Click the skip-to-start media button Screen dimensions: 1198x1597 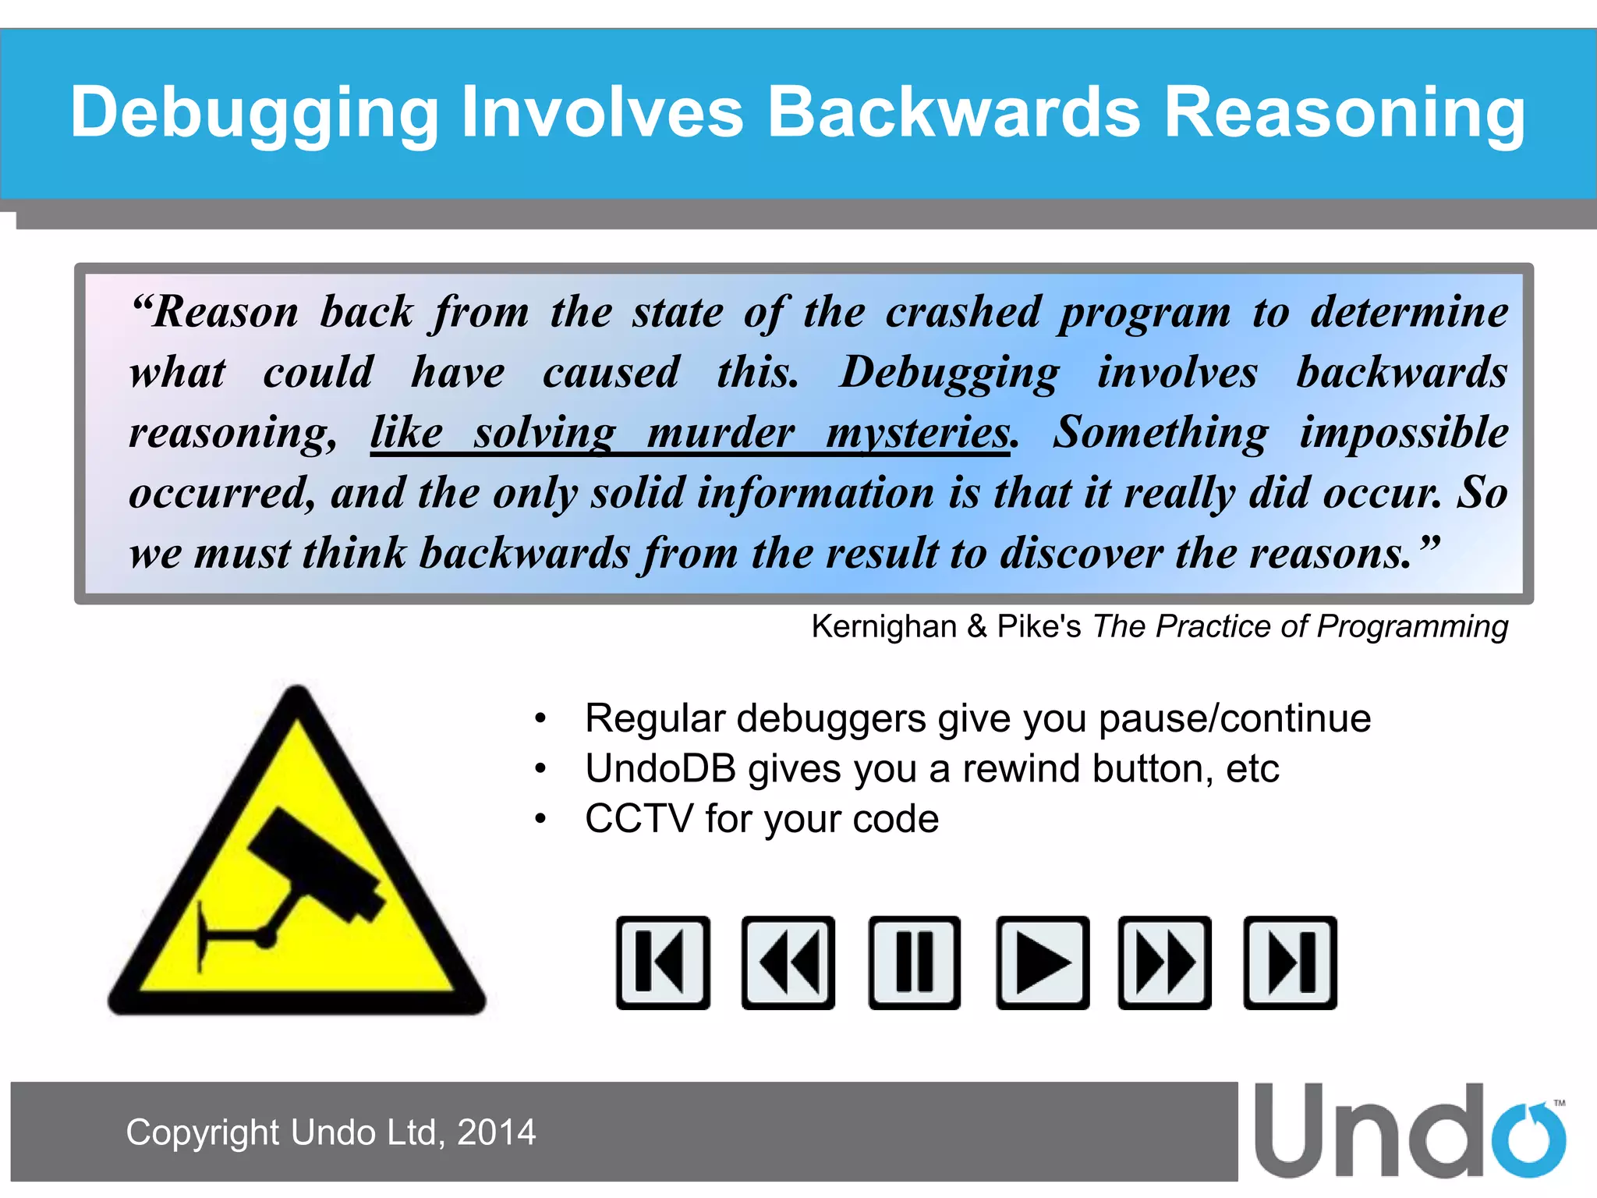663,962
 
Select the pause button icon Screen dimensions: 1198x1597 914,962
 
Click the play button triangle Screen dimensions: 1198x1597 1042,962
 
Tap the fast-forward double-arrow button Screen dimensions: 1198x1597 1164,962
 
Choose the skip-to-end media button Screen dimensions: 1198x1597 1290,962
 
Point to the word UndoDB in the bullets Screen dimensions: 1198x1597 660,769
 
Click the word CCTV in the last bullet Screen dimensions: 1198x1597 638,819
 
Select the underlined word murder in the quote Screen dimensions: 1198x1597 721,432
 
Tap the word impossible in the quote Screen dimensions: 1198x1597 1404,432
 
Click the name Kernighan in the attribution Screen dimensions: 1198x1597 883,626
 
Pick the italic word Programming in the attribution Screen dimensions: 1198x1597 1412,626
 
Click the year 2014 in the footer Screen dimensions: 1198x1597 496,1132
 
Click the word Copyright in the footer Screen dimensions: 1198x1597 202,1132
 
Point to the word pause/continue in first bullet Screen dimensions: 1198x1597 1234,718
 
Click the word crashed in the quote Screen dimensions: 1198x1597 963,312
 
